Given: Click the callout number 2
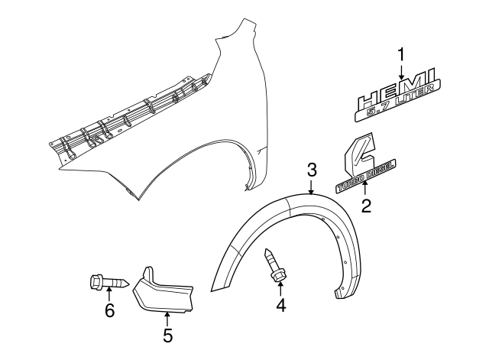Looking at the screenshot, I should [x=366, y=206].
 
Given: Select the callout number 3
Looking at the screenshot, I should [x=312, y=170].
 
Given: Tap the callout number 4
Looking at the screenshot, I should [x=280, y=306].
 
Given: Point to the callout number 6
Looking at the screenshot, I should [x=109, y=310].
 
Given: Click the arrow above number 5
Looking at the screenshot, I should [x=168, y=319].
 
